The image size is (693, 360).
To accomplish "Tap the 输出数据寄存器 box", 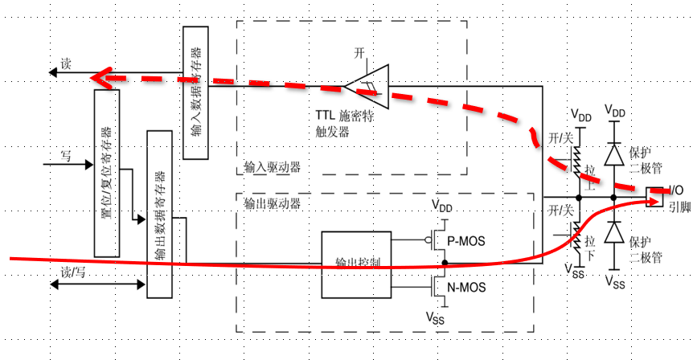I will (159, 213).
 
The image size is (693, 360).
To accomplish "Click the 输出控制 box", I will (356, 263).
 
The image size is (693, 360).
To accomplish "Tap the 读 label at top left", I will (66, 64).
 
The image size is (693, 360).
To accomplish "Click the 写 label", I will (66, 155).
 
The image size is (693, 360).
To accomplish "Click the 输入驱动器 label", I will (272, 170).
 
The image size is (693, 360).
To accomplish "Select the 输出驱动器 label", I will (272, 203).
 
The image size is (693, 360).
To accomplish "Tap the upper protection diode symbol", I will (615, 154).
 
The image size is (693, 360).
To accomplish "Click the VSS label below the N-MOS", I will (435, 317).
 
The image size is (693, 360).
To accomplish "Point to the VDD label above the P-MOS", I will (441, 206).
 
